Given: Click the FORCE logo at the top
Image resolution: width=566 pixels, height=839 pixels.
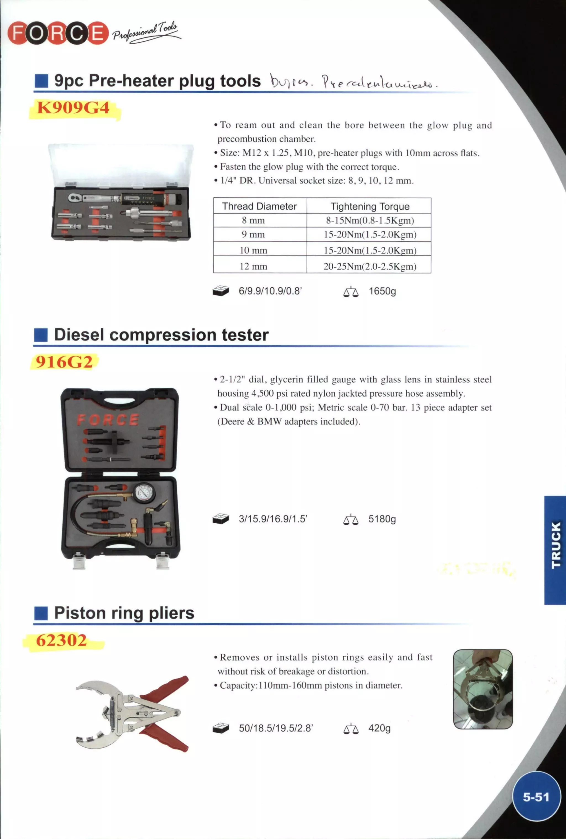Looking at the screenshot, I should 58,33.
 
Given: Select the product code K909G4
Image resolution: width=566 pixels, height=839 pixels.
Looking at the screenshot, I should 73,108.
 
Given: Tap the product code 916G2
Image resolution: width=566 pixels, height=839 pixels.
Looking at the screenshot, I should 64,362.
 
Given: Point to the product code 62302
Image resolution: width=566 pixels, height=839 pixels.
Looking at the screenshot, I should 61,640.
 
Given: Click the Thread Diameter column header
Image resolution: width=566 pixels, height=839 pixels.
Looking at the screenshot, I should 260,206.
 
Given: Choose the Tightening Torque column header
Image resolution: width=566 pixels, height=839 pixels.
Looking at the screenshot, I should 370,206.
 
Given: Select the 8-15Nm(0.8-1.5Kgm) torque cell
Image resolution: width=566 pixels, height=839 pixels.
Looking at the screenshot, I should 370,220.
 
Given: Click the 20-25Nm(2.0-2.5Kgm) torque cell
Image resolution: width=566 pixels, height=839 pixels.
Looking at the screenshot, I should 370,266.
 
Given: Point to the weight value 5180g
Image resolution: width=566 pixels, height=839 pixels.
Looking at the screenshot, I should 382,519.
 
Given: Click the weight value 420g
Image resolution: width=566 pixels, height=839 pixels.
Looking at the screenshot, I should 379,728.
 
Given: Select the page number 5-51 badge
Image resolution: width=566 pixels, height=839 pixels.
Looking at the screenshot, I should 536,796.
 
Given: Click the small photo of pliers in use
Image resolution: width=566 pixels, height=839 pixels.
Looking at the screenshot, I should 483,689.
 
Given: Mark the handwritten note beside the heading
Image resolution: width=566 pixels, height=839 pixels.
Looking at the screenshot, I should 353,82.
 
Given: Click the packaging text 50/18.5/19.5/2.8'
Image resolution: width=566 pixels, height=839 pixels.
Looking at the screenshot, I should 276,728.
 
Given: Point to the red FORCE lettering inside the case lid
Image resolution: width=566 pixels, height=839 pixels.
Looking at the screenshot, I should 108,419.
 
